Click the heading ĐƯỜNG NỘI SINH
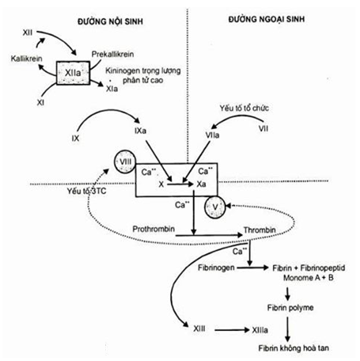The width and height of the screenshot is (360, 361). [110, 21]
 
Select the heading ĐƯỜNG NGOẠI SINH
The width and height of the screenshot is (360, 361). [267, 19]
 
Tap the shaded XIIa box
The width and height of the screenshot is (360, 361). [73, 73]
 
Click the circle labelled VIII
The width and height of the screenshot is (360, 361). [125, 161]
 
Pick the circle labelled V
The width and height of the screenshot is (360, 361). [215, 207]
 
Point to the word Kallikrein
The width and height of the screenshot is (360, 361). [26, 59]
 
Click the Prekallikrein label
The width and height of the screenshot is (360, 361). [112, 54]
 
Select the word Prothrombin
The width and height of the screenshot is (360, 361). [153, 229]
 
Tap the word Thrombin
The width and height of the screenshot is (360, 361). [260, 230]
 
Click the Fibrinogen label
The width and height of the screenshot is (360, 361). [216, 268]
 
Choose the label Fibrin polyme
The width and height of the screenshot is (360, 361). [290, 308]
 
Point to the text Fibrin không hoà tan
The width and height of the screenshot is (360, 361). [294, 348]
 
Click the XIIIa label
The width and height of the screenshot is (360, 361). [260, 330]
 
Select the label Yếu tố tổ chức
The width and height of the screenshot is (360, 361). [244, 108]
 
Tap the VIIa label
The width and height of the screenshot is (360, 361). [212, 135]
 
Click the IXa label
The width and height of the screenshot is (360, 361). [140, 131]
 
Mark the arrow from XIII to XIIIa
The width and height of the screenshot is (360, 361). [232, 330]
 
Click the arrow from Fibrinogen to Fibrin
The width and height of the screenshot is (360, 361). [252, 268]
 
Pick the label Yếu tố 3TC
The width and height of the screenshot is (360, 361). [86, 191]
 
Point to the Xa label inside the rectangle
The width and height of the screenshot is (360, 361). [201, 184]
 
